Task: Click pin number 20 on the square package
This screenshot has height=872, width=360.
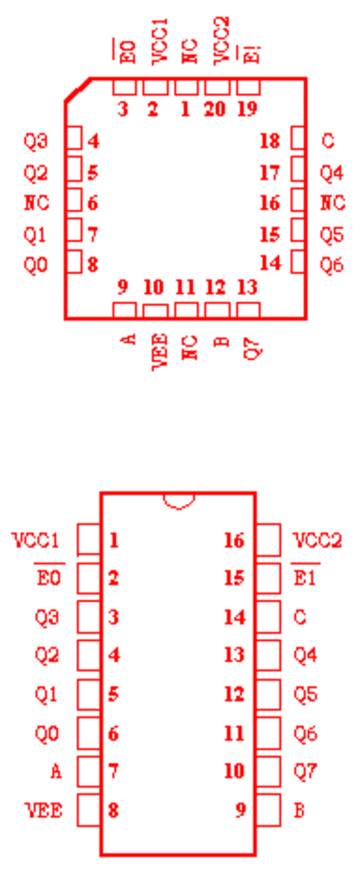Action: click(x=215, y=109)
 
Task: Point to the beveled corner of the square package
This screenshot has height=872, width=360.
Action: click(x=78, y=90)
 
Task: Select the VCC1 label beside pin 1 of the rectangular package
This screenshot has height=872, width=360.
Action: click(x=36, y=540)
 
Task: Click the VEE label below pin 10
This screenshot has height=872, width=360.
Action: click(x=159, y=351)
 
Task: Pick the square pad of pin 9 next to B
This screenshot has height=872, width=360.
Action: click(x=268, y=810)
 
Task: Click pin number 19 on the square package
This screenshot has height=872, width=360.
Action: click(x=247, y=109)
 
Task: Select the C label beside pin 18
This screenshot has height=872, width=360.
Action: click(x=328, y=141)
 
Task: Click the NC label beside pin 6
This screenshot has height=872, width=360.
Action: click(x=37, y=203)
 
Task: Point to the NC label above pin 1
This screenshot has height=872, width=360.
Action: click(x=190, y=50)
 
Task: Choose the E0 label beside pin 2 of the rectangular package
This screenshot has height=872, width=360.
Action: click(x=48, y=578)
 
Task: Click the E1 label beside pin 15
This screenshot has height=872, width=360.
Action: click(x=305, y=578)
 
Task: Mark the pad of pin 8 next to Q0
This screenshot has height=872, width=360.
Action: click(x=75, y=262)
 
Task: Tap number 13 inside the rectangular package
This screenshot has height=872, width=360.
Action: click(x=234, y=656)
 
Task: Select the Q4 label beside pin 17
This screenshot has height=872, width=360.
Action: click(x=331, y=174)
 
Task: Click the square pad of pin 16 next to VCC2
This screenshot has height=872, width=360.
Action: click(x=268, y=539)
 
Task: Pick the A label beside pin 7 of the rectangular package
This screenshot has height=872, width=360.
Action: click(x=56, y=771)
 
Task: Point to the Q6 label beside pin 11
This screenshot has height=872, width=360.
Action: click(x=305, y=733)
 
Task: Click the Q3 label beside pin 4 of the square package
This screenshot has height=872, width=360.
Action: click(x=36, y=141)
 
